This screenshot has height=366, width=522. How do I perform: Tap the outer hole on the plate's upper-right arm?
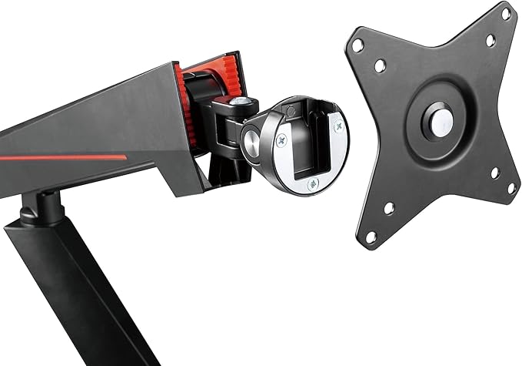pyautogui.click(x=506, y=13)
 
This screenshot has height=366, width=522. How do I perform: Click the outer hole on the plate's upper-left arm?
pyautogui.click(x=357, y=45)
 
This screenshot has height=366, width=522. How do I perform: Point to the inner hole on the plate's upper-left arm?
pyautogui.click(x=379, y=67)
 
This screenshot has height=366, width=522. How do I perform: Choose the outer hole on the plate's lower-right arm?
pyautogui.click(x=510, y=187)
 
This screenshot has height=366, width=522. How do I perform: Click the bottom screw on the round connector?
pyautogui.click(x=312, y=184)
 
